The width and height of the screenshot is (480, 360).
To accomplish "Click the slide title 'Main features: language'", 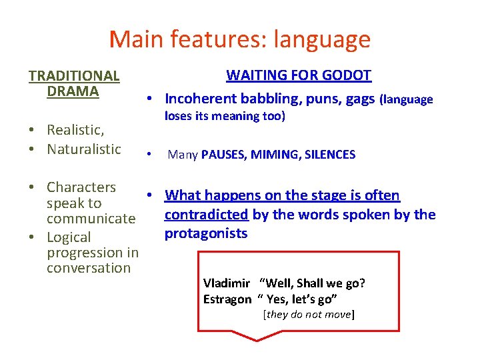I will tap(239, 39).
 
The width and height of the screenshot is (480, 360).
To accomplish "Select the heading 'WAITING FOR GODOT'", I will tap(299, 75).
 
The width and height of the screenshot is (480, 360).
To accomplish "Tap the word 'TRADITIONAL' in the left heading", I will tap(74, 77).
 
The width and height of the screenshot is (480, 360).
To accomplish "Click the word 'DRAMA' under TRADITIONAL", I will tap(73, 91).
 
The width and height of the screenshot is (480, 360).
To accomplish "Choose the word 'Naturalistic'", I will tap(84, 149).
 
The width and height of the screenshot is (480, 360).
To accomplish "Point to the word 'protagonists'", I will tap(206, 233).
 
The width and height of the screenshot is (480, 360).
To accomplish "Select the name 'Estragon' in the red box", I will tap(227, 299).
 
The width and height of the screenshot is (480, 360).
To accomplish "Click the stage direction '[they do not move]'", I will tap(309, 314).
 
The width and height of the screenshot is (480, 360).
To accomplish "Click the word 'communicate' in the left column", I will tap(91, 219).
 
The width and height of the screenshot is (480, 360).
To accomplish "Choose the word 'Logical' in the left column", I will tap(69, 237).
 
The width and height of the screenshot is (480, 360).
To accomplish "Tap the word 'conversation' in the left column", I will tap(89, 268).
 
